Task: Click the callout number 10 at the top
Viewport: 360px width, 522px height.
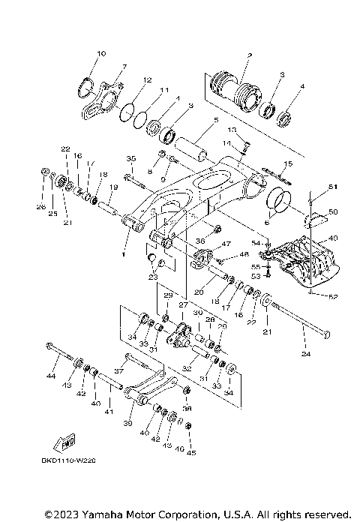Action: click(x=102, y=53)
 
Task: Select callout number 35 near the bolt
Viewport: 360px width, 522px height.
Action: click(x=130, y=159)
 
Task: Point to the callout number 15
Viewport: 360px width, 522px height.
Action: click(x=287, y=163)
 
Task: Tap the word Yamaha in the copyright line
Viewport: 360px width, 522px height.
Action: click(x=103, y=514)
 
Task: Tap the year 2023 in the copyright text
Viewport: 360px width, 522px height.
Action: click(x=64, y=514)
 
